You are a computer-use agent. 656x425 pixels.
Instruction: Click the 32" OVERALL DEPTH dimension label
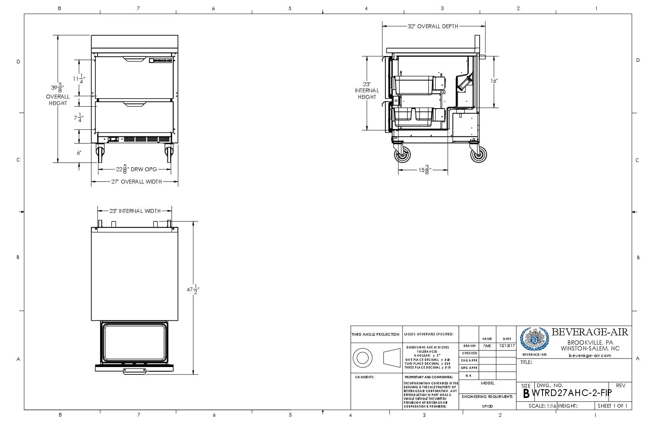pos(433,26)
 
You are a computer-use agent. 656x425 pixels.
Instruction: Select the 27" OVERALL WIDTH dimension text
pos(137,182)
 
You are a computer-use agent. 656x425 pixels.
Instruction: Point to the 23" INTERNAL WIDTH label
pos(135,211)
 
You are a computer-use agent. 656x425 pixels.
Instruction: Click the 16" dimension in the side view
pos(494,81)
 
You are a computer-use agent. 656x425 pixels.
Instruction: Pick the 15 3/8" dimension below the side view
pos(424,170)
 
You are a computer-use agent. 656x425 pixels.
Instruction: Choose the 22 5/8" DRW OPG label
pos(137,169)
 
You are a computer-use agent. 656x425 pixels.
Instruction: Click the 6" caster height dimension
pos(79,153)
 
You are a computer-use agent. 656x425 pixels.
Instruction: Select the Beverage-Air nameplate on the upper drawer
pos(161,60)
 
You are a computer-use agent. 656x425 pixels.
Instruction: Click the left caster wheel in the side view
pos(402,155)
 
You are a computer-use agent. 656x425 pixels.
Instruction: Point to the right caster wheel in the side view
pos(478,155)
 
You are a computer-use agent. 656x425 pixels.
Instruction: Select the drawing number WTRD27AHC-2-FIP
pos(572,393)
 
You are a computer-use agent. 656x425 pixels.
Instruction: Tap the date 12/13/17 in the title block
pos(507,346)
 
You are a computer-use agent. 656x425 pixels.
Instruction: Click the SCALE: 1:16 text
pos(542,406)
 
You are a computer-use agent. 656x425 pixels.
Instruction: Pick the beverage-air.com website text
pos(590,355)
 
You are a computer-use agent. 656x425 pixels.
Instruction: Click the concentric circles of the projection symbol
pos(362,358)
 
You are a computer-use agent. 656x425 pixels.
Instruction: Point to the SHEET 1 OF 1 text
pos(612,406)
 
